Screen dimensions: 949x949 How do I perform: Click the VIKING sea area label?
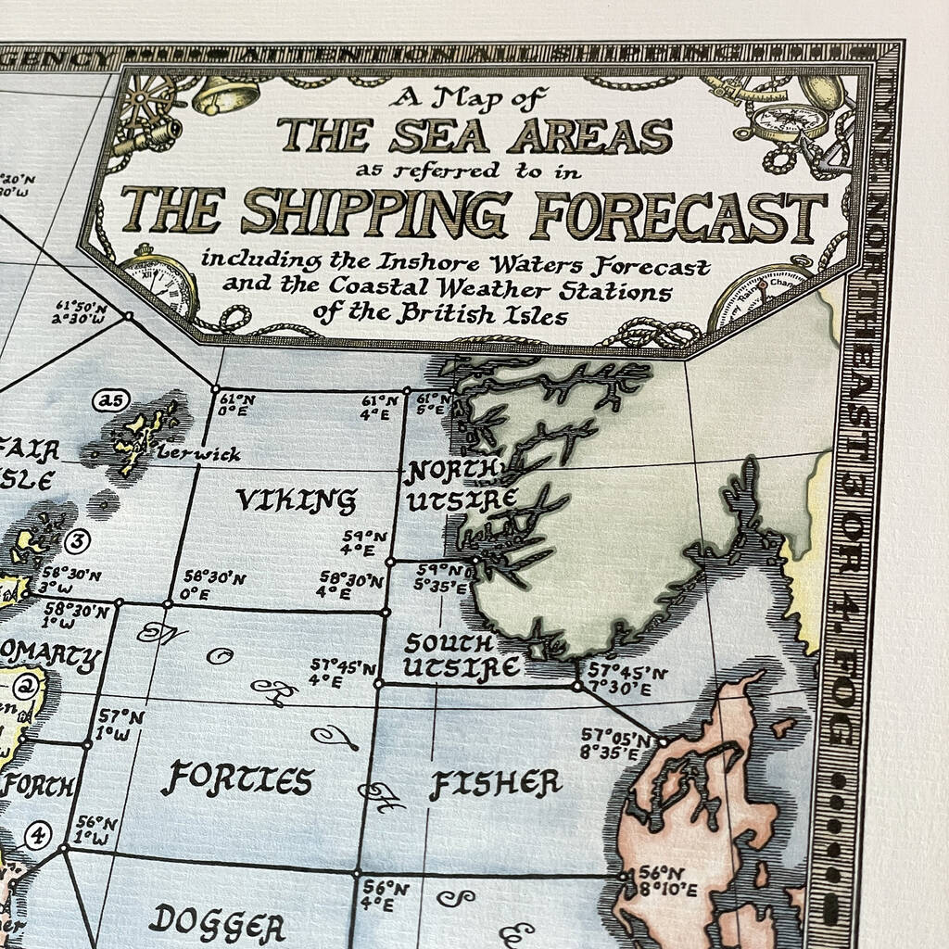[296, 501]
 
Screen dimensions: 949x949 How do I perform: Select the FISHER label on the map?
[495, 785]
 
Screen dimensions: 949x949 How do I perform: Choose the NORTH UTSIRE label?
[461, 486]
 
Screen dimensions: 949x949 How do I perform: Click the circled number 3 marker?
[79, 540]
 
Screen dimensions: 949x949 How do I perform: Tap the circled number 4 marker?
[38, 835]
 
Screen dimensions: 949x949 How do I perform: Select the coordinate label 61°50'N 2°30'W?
[81, 312]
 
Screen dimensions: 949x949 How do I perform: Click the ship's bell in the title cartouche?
[226, 95]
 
